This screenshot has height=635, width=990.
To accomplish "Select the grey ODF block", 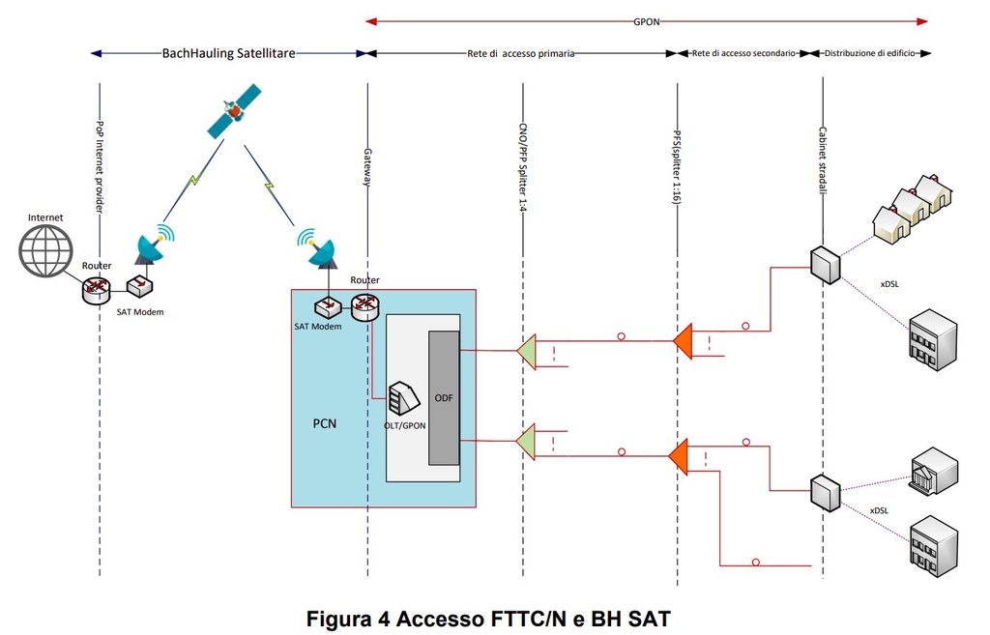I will [444, 397].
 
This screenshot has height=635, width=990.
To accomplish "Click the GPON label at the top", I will [647, 18].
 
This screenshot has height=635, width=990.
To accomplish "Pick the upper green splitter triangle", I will [526, 351].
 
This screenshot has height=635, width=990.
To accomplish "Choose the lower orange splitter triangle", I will [679, 455].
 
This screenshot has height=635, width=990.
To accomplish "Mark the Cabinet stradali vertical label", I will [823, 159].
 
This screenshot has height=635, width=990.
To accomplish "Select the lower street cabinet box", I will [821, 491].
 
